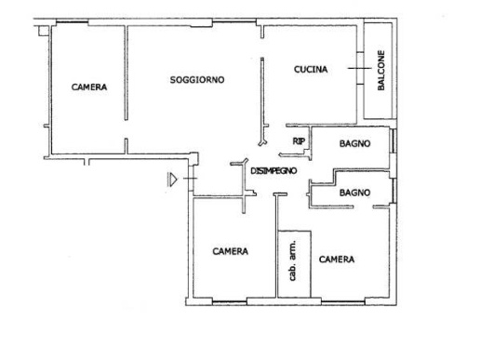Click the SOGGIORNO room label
[197, 80]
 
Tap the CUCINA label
[311, 69]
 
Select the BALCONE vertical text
[380, 71]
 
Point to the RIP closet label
[299, 141]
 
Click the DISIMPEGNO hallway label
[273, 171]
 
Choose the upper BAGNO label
[354, 143]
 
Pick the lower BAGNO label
[354, 193]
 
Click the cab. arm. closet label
[292, 260]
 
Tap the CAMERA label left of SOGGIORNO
[89, 87]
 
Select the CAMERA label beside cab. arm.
[337, 260]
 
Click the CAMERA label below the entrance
[231, 251]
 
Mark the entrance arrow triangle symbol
[172, 180]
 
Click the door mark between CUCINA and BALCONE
[360, 68]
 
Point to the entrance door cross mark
[190, 179]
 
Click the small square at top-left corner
[44, 31]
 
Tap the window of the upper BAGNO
[393, 140]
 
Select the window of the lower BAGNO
[393, 191]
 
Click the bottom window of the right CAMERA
[343, 301]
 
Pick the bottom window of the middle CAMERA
[230, 301]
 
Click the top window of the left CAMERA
[72, 22]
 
